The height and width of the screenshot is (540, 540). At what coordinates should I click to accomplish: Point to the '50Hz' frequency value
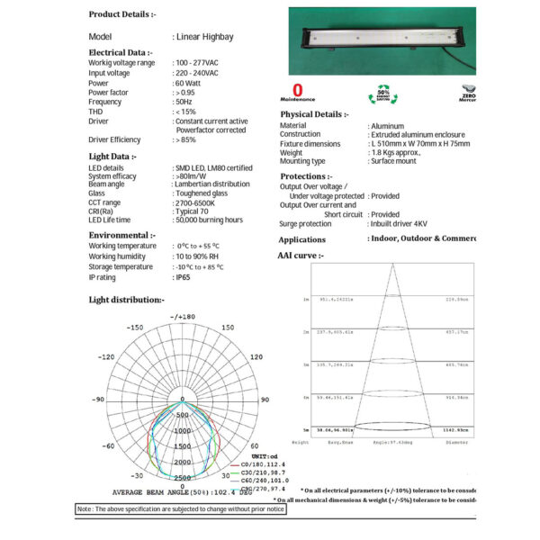pos(185,103)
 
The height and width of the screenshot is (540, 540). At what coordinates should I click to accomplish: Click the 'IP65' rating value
pos(183,277)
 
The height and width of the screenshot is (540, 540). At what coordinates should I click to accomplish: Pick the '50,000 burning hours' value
pos(210,220)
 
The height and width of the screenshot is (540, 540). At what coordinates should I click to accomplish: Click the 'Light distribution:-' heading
pos(126,300)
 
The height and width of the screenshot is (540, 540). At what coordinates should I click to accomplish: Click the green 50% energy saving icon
pos(382,94)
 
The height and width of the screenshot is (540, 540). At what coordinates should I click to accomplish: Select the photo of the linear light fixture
pos(382,42)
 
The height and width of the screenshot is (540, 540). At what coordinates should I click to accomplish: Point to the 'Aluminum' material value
pos(388,126)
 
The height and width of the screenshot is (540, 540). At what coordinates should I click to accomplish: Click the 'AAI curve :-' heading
pos(301,256)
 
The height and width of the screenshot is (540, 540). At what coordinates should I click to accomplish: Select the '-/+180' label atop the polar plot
pos(182,317)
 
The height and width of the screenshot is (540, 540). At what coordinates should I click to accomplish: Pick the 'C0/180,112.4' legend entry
pos(238,465)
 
